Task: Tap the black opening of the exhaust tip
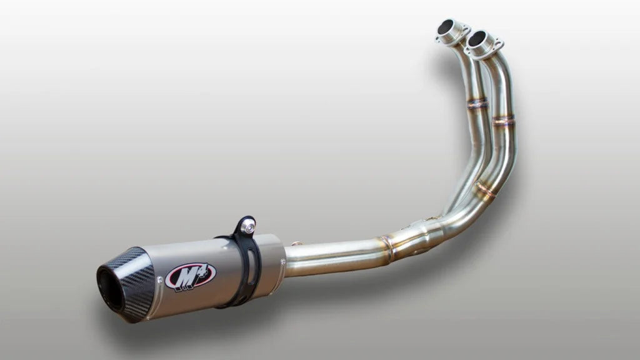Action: [111, 289]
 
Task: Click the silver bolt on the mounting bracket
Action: [248, 228]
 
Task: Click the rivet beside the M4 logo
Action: [160, 283]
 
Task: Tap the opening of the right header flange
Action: [477, 39]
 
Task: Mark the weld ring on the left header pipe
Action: [477, 104]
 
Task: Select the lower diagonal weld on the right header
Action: [485, 189]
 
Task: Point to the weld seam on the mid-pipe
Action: [387, 247]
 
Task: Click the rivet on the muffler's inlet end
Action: [279, 287]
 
